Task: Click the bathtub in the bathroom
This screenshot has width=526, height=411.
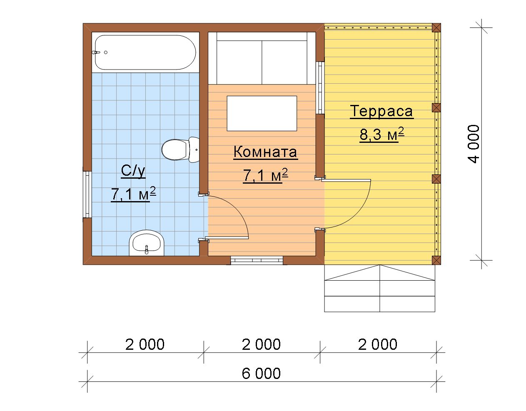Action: [145, 52]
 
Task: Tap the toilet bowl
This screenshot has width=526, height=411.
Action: [174, 150]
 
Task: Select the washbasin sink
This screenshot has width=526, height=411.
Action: [147, 243]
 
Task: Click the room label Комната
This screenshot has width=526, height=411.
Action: [265, 152]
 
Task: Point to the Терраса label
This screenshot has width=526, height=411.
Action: [381, 111]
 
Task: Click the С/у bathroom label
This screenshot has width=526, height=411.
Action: [133, 171]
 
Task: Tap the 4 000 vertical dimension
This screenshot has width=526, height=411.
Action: [474, 144]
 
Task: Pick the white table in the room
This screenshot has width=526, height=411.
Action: [262, 113]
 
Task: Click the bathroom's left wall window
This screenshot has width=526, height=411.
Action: [87, 194]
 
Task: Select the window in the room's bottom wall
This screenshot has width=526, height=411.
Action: [257, 260]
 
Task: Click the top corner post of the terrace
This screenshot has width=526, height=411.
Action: [436, 27]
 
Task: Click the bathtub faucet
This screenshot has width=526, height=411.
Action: [96, 52]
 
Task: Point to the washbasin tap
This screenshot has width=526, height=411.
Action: [146, 249]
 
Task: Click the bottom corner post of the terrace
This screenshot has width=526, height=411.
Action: [436, 260]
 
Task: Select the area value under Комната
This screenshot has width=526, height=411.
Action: [266, 175]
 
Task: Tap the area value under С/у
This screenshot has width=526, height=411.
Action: [133, 194]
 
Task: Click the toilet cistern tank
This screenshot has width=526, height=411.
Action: [194, 150]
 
